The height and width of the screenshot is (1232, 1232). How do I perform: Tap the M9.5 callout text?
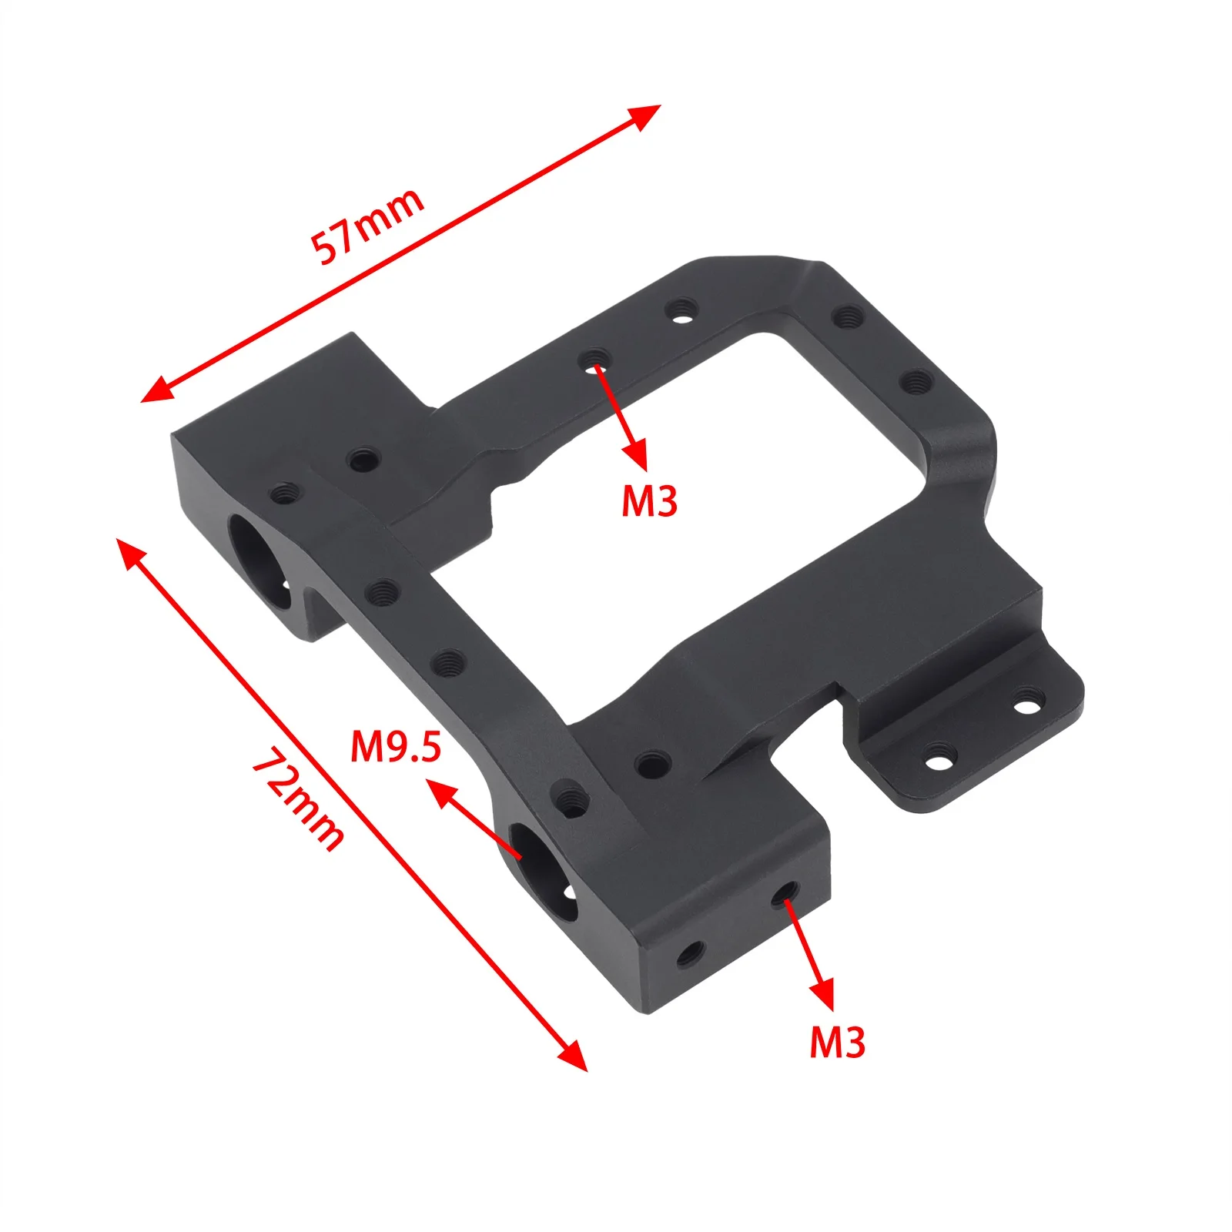click(x=396, y=746)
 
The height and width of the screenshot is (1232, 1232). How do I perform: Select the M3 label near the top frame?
click(x=649, y=501)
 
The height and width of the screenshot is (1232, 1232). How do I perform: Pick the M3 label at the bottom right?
click(x=837, y=1042)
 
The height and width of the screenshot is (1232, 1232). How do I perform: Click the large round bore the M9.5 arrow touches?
click(x=542, y=871)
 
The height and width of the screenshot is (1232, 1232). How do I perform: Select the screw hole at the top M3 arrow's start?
click(x=594, y=360)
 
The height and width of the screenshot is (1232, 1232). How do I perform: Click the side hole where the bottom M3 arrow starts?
click(x=785, y=892)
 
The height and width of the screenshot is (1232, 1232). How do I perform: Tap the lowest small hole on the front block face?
click(x=690, y=955)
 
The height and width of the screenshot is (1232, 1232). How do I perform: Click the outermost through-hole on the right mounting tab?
click(x=1029, y=701)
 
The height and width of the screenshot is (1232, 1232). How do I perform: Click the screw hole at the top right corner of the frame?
click(x=848, y=316)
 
